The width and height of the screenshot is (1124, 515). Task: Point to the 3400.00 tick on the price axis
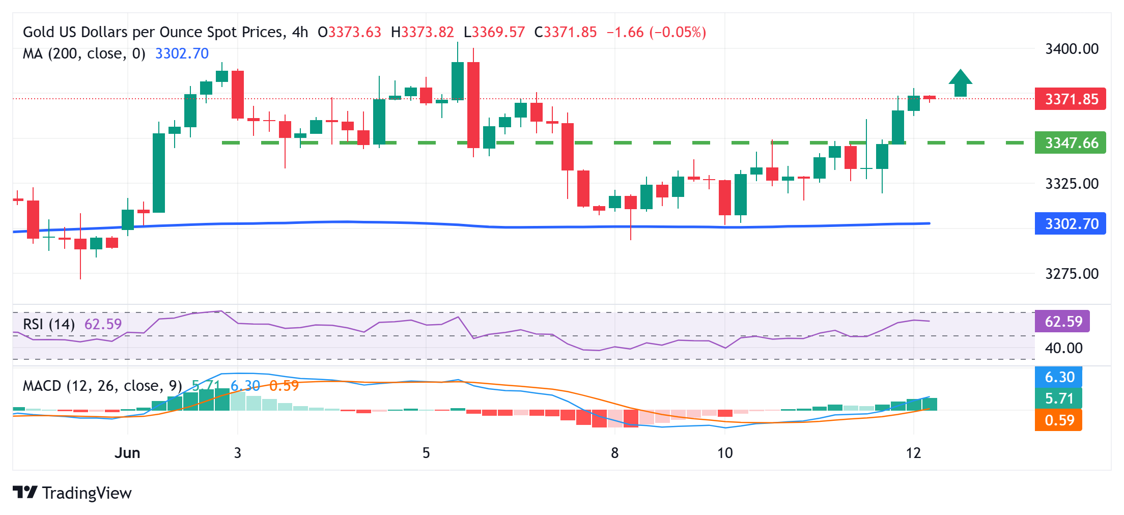1072,49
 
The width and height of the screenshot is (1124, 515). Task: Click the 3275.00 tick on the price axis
1072,274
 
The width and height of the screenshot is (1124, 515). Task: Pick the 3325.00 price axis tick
1072,183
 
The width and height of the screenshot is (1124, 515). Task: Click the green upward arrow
960,83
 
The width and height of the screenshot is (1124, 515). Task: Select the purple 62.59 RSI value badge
1062,322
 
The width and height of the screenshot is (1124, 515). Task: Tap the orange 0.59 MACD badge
1059,420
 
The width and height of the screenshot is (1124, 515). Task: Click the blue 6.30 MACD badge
1059,377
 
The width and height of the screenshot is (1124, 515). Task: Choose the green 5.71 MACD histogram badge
1059,398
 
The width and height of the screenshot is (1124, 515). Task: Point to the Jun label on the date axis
127,453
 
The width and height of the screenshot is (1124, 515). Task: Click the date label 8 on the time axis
614,453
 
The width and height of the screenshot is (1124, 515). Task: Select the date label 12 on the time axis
913,453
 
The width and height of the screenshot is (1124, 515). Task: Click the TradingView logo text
87,493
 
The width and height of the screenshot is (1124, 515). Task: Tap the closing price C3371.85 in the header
565,32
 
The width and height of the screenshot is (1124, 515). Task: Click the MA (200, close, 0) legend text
84,53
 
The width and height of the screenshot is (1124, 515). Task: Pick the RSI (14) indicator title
49,324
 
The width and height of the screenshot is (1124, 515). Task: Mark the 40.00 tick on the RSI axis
1063,348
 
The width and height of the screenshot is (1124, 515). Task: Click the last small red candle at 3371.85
930,98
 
